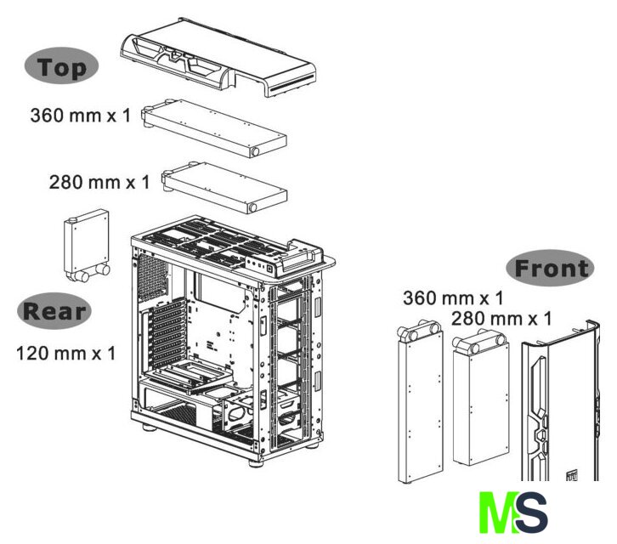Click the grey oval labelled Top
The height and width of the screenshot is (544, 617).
click(x=61, y=65)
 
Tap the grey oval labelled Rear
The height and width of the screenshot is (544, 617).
click(x=54, y=311)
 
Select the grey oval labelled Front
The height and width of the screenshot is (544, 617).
click(x=550, y=268)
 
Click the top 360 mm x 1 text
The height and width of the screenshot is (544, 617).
click(x=80, y=116)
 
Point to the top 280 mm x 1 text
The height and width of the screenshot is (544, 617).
click(x=99, y=182)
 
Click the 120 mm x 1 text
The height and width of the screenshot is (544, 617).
click(x=65, y=353)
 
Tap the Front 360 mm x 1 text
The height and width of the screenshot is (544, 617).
click(x=453, y=298)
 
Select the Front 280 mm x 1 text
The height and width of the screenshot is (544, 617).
click(x=501, y=319)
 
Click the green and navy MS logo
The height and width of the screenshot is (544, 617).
click(x=513, y=512)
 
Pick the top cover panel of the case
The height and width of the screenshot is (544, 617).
click(x=218, y=57)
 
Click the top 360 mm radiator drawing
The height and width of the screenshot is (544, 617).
click(x=214, y=128)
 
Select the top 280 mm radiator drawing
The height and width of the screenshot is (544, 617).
click(x=224, y=188)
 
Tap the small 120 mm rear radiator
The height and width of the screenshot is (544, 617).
click(x=87, y=246)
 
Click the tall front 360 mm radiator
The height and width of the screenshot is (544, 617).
click(x=420, y=401)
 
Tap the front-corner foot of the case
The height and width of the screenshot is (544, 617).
click(x=256, y=462)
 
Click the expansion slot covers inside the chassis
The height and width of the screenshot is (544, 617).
click(x=167, y=332)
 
